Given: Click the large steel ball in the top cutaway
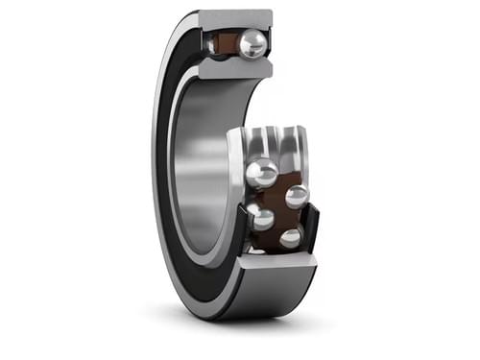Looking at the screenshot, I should click(252, 44).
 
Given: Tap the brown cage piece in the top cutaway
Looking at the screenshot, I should click(229, 43).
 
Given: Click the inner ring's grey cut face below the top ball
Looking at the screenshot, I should click(236, 69).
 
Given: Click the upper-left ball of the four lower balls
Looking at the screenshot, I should click(262, 174).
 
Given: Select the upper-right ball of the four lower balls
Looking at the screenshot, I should click(297, 196).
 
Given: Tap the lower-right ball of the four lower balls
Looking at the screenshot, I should click(290, 237).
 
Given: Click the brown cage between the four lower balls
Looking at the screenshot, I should click(278, 205).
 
